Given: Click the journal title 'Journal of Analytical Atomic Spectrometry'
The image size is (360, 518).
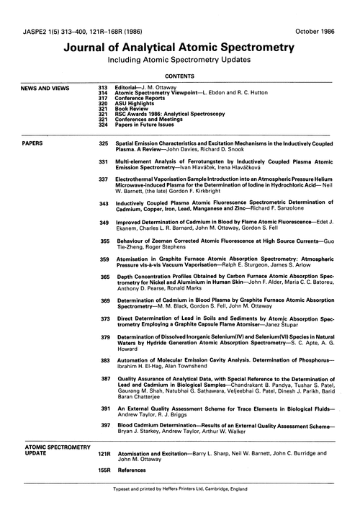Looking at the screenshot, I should point(179,48).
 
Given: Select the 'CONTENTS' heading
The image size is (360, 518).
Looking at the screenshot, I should point(179,74).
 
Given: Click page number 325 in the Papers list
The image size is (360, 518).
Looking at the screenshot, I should point(103,143).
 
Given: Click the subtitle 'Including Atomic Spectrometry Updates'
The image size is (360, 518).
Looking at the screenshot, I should point(179,61).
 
